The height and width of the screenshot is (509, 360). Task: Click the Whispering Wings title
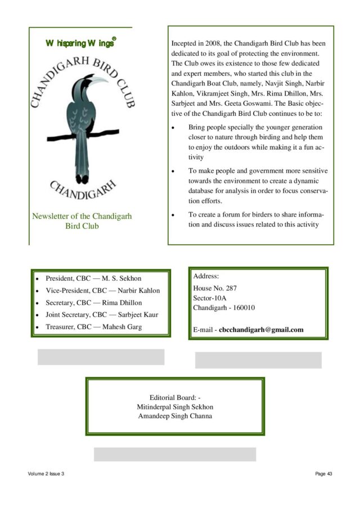tap(81, 43)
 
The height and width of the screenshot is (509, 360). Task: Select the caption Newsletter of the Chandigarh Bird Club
tap(82, 221)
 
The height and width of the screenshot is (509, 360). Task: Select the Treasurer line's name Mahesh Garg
tap(122, 327)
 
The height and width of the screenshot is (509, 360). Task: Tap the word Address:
tap(206, 276)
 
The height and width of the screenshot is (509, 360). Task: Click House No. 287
tap(211, 288)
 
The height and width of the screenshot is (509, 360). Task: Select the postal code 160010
tap(242, 308)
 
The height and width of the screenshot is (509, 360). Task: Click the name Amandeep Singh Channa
tap(175, 416)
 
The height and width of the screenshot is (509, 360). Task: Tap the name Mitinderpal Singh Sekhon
tap(175, 407)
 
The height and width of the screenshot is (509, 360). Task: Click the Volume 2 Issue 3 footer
tap(46, 474)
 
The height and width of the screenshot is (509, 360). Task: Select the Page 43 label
tap(323, 474)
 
